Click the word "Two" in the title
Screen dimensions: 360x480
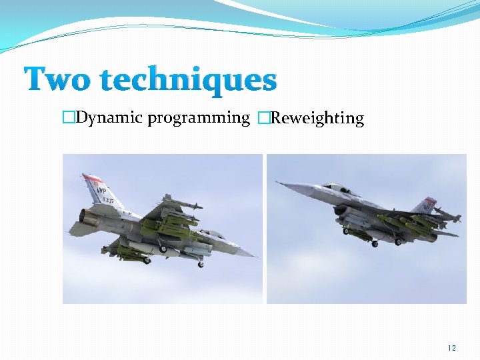[x=59, y=80]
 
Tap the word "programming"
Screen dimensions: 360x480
[x=199, y=119]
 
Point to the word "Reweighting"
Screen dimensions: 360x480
[x=317, y=119]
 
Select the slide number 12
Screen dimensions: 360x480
[x=452, y=348]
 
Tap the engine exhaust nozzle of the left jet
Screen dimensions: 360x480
[x=86, y=216]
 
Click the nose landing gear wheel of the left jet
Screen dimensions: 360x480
[x=201, y=264]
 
